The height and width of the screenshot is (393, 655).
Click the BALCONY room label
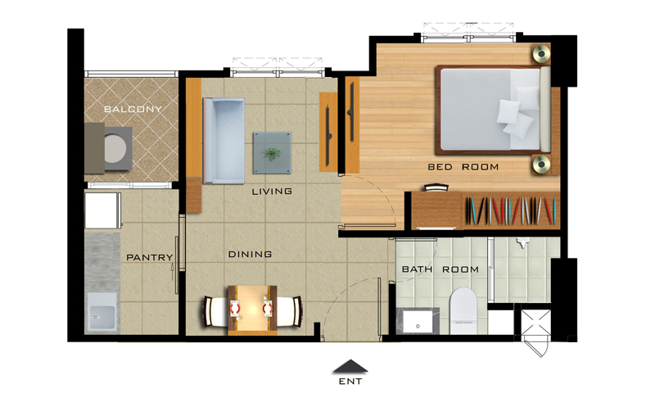coord(133,110)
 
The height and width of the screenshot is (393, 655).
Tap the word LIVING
coord(272,192)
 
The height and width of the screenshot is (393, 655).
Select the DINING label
coord(250,254)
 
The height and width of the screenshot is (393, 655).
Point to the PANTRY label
coord(150,257)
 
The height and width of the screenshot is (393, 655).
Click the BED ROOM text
coord(463,167)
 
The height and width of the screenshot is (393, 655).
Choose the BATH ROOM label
coord(440,269)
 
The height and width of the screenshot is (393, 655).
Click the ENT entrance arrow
coord(350,366)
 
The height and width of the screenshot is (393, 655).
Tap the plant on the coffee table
coord(272,154)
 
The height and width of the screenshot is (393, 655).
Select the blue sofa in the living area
coord(224,141)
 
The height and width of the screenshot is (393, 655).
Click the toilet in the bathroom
coord(463,310)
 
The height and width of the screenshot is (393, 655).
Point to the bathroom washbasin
coord(418,321)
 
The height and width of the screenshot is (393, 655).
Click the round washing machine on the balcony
coord(115,149)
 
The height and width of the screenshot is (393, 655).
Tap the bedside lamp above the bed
coord(541,53)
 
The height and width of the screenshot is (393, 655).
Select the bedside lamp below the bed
coord(541,164)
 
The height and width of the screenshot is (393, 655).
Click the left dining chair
coord(215,311)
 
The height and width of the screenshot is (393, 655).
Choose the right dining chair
coord(289,311)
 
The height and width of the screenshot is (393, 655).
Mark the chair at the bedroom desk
coord(436,187)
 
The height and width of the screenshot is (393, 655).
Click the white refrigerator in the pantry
coord(102,210)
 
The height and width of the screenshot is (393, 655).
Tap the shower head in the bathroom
coord(523,242)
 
